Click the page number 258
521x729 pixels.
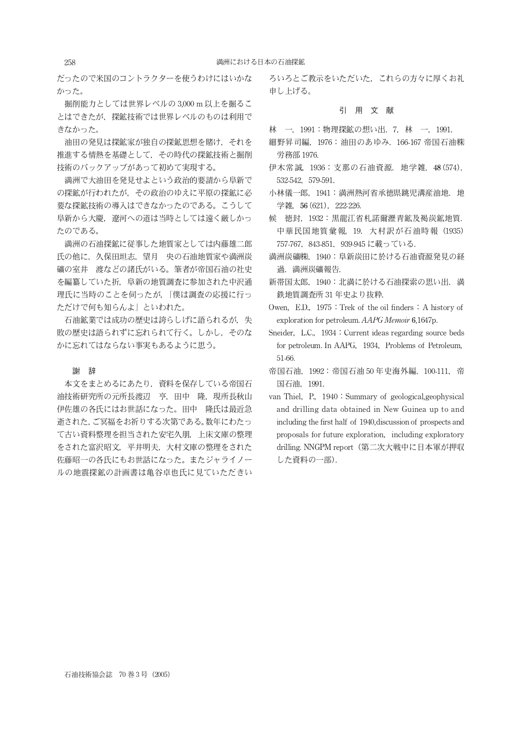pos(70,62)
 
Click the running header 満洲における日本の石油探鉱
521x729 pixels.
pos(260,62)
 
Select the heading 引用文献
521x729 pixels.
pos(366,111)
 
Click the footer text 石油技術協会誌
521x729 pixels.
pos(89,675)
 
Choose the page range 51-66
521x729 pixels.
pos(286,358)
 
